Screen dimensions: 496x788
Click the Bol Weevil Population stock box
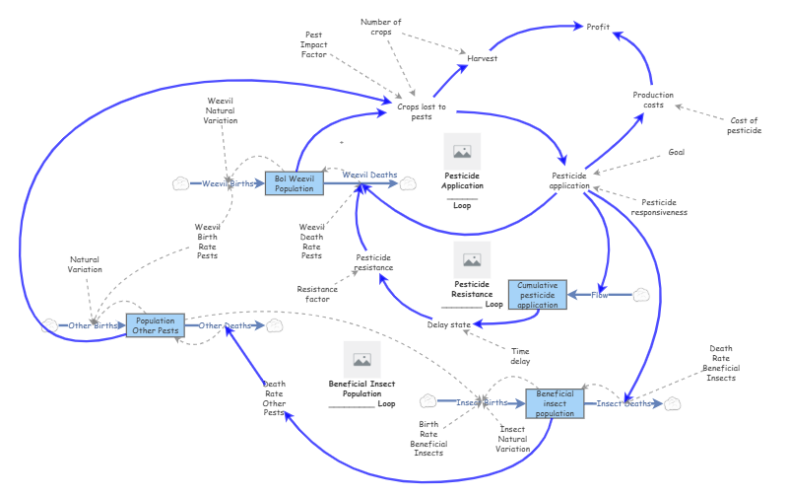tap(294, 183)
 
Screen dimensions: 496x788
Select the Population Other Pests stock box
tap(156, 325)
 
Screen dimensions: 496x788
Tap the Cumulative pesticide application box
tap(538, 295)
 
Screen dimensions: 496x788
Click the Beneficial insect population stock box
tap(555, 403)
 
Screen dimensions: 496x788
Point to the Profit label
tap(598, 27)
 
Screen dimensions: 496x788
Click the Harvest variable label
tap(482, 59)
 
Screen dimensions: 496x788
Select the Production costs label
tap(653, 100)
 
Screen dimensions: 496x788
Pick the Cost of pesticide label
tap(743, 125)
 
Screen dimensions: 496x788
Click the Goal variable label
tap(676, 152)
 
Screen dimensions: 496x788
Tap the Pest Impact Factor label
tap(314, 44)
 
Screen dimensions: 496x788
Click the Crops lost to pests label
tap(422, 111)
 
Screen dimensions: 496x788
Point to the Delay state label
tap(449, 323)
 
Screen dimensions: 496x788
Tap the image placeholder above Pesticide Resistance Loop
tap(472, 260)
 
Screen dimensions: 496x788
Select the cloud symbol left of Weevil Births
tap(180, 183)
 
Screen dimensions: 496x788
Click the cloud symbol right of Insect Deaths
tap(672, 403)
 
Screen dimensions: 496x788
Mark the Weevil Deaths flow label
tap(369, 175)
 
